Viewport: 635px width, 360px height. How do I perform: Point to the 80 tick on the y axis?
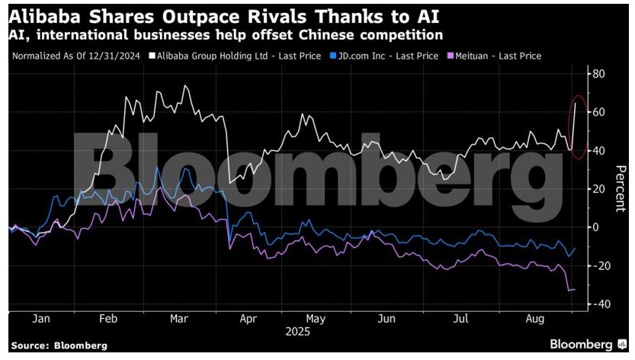coord(598,74)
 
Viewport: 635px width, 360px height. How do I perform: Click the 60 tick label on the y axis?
coord(598,112)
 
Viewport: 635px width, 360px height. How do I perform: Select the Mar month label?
coord(178,318)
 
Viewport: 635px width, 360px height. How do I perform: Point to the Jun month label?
coord(386,318)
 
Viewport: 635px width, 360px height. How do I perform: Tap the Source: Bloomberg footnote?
coord(59,346)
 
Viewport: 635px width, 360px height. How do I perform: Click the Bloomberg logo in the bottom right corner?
coord(588,344)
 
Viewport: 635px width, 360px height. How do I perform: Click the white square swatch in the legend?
coord(152,55)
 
